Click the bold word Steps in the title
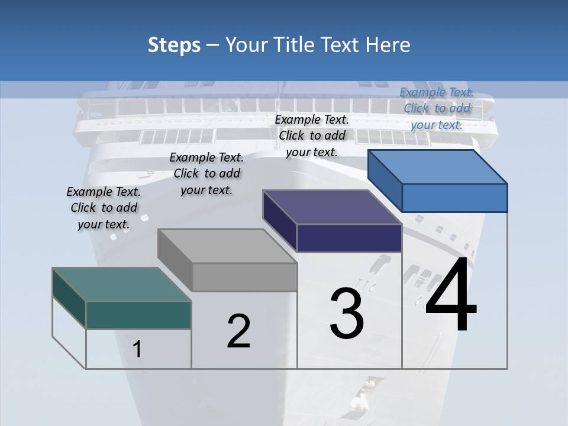pos(174,45)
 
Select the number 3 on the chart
pos(346,314)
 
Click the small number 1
pos(137,350)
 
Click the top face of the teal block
pos(122,285)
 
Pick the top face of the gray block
pos(227,246)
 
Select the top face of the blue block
pos(438,167)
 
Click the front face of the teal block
pos(138,315)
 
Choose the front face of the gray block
pos(244,276)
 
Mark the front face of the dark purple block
pos(349,238)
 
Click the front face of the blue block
pos(454,198)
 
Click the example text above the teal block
pos(104,208)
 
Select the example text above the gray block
pos(206,173)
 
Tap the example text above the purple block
pos(312,135)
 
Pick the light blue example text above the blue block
pos(437,108)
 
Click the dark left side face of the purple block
pos(279,220)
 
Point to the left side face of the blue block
pos(385,180)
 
